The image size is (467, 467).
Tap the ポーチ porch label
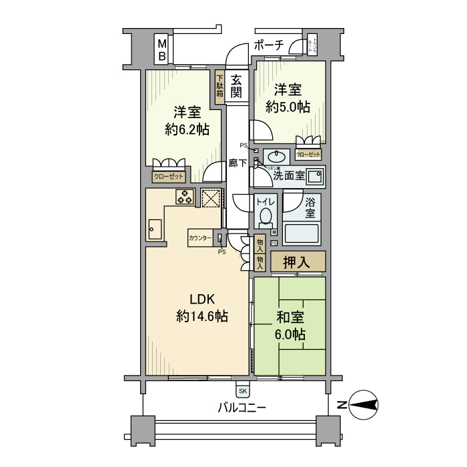269,45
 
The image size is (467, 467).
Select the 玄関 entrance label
236,86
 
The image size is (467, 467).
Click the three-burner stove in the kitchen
185,197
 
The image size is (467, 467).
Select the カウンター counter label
200,238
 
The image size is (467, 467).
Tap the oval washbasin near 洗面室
275,157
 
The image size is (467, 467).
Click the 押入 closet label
298,262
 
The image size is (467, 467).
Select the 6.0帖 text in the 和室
289,334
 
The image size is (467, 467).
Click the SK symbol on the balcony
242,390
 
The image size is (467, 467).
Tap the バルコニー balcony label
242,406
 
